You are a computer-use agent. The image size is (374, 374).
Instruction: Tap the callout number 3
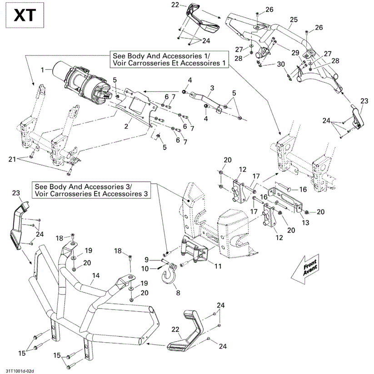click(212, 88)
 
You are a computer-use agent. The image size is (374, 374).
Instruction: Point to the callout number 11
click(218, 266)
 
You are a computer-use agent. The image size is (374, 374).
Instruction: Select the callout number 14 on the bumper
click(96, 275)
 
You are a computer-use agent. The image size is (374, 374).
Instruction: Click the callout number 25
click(294, 20)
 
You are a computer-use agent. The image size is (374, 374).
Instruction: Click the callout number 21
click(12, 159)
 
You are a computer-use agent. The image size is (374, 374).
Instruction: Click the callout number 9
click(147, 259)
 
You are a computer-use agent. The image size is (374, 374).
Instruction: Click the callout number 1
click(43, 70)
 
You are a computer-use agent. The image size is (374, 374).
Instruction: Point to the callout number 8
click(178, 294)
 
